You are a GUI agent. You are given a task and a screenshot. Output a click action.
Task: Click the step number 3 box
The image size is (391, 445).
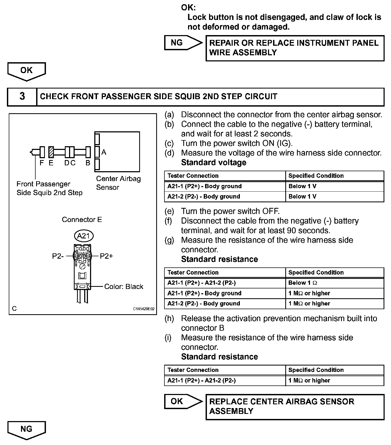(x=22, y=96)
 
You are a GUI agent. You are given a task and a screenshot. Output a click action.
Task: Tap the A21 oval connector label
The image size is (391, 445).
(x=84, y=236)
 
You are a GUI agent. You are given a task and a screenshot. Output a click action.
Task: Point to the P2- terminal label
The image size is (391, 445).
(x=58, y=256)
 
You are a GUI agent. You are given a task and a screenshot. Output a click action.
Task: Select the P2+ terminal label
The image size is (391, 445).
(x=107, y=256)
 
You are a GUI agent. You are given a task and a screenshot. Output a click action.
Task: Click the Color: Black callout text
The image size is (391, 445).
(x=124, y=287)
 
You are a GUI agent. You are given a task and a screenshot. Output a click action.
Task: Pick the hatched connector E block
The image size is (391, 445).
(x=51, y=152)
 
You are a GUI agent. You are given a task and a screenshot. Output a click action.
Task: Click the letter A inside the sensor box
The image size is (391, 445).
(x=104, y=152)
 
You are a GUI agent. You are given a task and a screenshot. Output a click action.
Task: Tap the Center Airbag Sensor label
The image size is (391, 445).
(x=118, y=183)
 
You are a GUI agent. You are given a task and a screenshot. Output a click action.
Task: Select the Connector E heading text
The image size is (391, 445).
(x=82, y=220)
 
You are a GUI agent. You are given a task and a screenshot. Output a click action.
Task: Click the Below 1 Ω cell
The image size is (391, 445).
(x=303, y=283)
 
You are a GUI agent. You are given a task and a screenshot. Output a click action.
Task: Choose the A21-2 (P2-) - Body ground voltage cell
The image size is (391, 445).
(x=204, y=196)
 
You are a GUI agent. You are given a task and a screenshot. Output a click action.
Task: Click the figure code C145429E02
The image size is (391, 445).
(x=144, y=309)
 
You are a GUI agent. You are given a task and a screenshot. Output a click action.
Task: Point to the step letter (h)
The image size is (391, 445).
(x=169, y=318)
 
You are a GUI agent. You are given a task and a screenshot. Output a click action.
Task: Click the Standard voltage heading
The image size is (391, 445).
(x=214, y=162)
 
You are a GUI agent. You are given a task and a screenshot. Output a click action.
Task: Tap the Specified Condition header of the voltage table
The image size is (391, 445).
(x=316, y=176)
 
